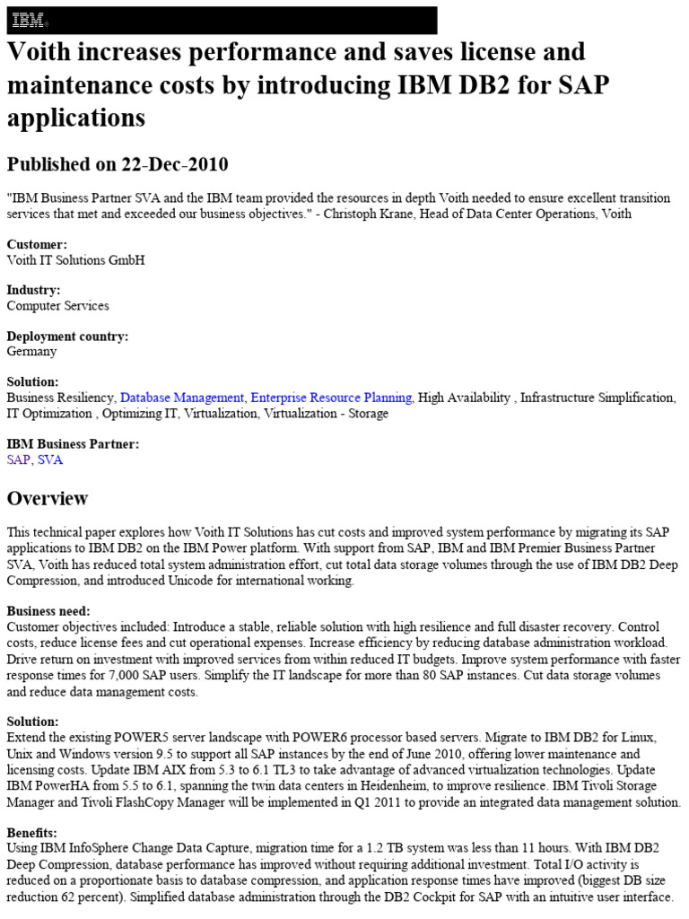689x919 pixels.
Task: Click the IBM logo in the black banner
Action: point(30,20)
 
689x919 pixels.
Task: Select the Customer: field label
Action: point(37,244)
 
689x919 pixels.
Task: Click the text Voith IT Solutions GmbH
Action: point(75,259)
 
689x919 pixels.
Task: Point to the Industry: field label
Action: point(34,290)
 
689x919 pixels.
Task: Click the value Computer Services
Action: point(58,305)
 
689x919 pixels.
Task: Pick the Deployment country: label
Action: point(67,337)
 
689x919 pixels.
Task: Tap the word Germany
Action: point(32,351)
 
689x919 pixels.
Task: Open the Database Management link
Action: point(182,398)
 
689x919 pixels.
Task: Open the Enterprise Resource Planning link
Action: point(331,398)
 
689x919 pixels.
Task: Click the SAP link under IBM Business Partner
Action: point(18,459)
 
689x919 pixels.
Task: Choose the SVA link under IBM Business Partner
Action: point(50,459)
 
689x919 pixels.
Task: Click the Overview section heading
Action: point(48,498)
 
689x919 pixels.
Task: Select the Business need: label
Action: point(48,611)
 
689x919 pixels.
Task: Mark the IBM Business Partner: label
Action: point(73,444)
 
